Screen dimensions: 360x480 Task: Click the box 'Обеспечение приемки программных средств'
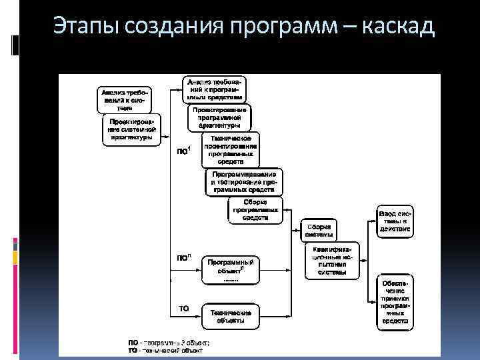[395, 302]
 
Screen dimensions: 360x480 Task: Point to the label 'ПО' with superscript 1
[183, 150]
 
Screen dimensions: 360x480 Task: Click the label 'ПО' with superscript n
[183, 257]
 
